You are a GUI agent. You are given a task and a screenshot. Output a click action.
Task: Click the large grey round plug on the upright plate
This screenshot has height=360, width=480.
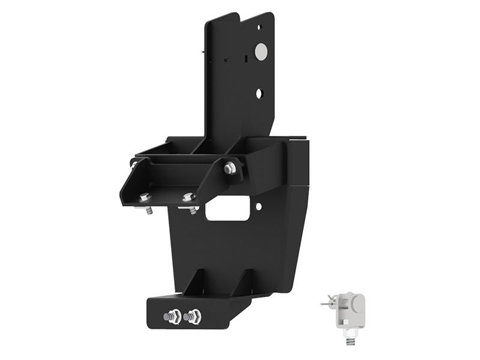pos(260,52)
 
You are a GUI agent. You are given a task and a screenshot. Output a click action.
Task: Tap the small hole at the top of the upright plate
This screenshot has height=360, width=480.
pos(259,27)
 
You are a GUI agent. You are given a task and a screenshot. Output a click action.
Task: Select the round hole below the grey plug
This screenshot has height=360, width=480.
pos(259,94)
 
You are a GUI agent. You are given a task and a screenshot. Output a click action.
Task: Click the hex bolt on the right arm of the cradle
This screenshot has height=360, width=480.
pos(230,169)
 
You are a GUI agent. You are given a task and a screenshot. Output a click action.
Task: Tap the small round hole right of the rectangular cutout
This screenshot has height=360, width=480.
pos(258,206)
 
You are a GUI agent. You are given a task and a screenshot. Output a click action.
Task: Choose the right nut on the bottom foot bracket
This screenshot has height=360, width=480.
pos(193,316)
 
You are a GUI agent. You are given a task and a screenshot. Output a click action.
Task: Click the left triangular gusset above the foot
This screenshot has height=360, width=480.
pos(196,281)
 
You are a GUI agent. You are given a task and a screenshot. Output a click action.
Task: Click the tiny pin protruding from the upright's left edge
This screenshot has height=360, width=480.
pos(205,51)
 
